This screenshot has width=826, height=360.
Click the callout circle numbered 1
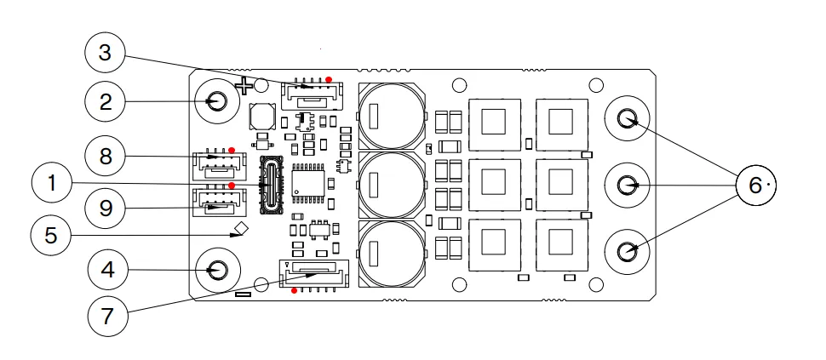[x=52, y=183]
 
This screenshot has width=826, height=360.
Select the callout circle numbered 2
[x=106, y=101]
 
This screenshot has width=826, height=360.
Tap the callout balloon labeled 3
[x=106, y=53]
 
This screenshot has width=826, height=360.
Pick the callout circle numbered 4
[x=108, y=271]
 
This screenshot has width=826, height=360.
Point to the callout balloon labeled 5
[x=50, y=235]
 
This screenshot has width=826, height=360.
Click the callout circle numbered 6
[x=756, y=185]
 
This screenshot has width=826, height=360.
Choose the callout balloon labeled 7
[x=107, y=317]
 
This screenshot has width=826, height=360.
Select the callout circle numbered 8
[x=106, y=156]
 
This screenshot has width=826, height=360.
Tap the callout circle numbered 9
[x=106, y=209]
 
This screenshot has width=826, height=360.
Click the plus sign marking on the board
[x=244, y=85]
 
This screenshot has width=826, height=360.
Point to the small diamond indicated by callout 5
[x=242, y=229]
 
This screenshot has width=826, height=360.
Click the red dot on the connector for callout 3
[x=329, y=79]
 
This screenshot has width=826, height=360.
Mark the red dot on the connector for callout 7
[x=294, y=290]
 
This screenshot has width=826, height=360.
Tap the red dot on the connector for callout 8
[x=232, y=151]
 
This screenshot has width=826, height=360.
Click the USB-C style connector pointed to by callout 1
[x=272, y=186]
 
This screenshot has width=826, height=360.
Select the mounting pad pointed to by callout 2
[x=216, y=101]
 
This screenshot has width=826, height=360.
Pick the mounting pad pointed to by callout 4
[x=216, y=270]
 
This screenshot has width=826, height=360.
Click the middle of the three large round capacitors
[x=391, y=185]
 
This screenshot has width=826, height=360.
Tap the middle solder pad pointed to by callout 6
[x=627, y=185]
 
